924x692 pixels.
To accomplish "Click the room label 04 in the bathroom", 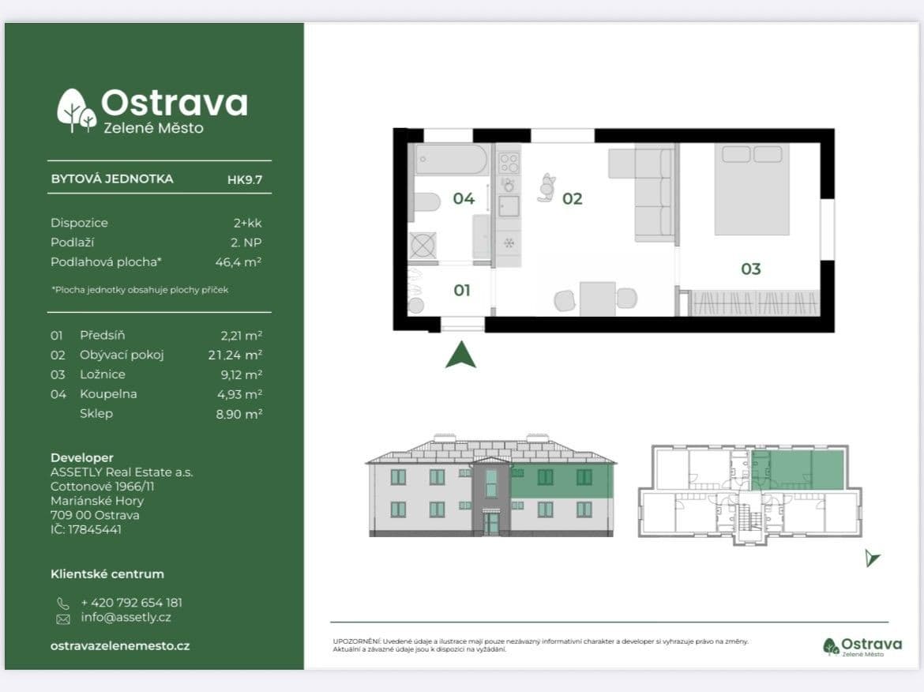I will tap(464, 198).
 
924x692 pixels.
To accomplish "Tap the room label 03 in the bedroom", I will tap(750, 269).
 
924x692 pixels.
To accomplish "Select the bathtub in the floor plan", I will tap(451, 160).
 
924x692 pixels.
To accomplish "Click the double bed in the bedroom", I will tap(751, 190).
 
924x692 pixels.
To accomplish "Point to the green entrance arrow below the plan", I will tap(460, 355).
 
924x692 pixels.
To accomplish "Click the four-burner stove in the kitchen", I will tap(509, 164).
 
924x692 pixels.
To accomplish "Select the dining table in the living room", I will tap(597, 299).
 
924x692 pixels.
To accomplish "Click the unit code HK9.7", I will tap(244, 179).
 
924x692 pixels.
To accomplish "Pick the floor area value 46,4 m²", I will tap(244, 261).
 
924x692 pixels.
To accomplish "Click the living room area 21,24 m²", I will tap(235, 355).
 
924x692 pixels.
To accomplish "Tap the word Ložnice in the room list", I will tap(103, 374).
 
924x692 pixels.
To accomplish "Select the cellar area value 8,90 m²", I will tap(239, 413).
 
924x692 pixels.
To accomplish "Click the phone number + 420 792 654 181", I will tap(131, 602).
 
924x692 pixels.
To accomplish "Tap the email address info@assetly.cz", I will tap(126, 618).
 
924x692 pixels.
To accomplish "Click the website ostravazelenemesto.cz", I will tap(120, 645).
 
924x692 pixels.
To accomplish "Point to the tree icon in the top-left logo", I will tap(76, 111).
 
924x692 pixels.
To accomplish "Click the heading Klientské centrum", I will tap(107, 574).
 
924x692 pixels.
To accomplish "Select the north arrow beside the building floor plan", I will tap(871, 558).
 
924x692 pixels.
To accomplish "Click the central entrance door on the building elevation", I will tap(491, 523).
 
